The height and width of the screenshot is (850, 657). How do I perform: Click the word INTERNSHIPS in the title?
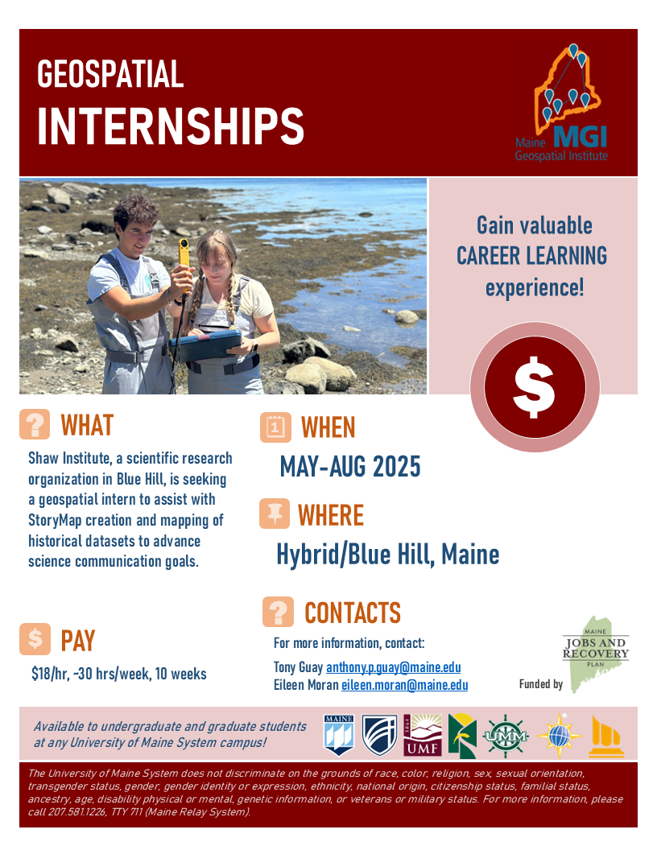[x=171, y=126]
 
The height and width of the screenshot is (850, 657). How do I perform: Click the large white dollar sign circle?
[x=535, y=387]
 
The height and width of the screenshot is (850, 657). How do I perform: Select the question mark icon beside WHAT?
[x=35, y=424]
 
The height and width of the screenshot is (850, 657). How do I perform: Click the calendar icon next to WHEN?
[x=275, y=427]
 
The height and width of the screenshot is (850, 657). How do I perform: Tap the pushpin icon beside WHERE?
[x=275, y=514]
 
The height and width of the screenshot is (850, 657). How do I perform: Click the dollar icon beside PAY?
[x=35, y=639]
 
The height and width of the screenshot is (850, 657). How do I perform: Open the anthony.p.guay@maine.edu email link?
[x=393, y=667]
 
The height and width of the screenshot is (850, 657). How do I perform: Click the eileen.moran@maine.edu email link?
[x=404, y=685]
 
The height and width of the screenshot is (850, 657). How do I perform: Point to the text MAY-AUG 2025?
[x=350, y=467]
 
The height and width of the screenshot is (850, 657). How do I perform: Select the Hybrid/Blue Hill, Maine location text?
[x=387, y=554]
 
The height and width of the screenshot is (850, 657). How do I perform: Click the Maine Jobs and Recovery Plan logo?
[x=595, y=654]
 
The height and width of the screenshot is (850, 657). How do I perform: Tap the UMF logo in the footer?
[x=423, y=735]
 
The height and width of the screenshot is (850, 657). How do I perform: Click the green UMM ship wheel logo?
[x=505, y=736]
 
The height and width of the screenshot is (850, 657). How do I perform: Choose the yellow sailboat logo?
[x=606, y=737]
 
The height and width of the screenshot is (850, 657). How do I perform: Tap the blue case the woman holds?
[x=205, y=345]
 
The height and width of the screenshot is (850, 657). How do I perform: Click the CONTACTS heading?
[x=353, y=613]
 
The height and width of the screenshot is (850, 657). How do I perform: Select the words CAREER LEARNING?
[x=531, y=256]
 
